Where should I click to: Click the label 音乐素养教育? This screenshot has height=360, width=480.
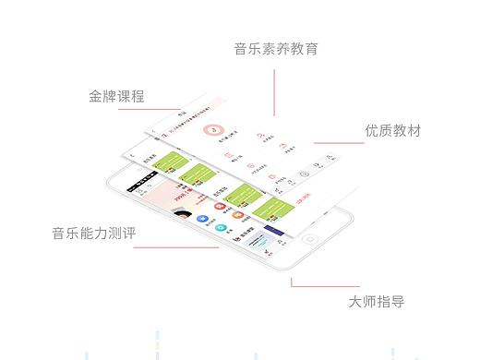coord(276,49)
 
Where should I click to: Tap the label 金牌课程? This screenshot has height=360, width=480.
coord(116,96)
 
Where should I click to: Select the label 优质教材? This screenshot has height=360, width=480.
coord(392,130)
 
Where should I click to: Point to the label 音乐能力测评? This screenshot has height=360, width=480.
coord(94,234)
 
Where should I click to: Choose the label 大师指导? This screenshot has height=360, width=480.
coord(376,301)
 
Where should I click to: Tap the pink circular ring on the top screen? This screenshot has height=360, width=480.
coord(214,132)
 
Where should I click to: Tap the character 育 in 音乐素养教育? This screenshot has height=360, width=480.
coord(311,49)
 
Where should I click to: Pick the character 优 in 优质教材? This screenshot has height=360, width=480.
coord(371,130)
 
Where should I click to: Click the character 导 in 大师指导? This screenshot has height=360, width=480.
coord(397,301)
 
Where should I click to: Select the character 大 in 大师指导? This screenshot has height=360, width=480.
coord(355,301)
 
